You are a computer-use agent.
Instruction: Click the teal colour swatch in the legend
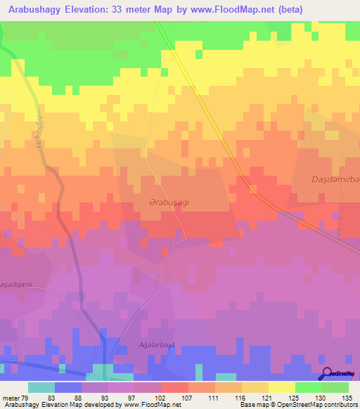click(x=41, y=387)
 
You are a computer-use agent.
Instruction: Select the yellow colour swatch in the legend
click(x=281, y=387)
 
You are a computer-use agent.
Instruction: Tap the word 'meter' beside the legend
click(x=11, y=398)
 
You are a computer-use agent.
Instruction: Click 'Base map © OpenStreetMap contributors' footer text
click(x=298, y=405)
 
